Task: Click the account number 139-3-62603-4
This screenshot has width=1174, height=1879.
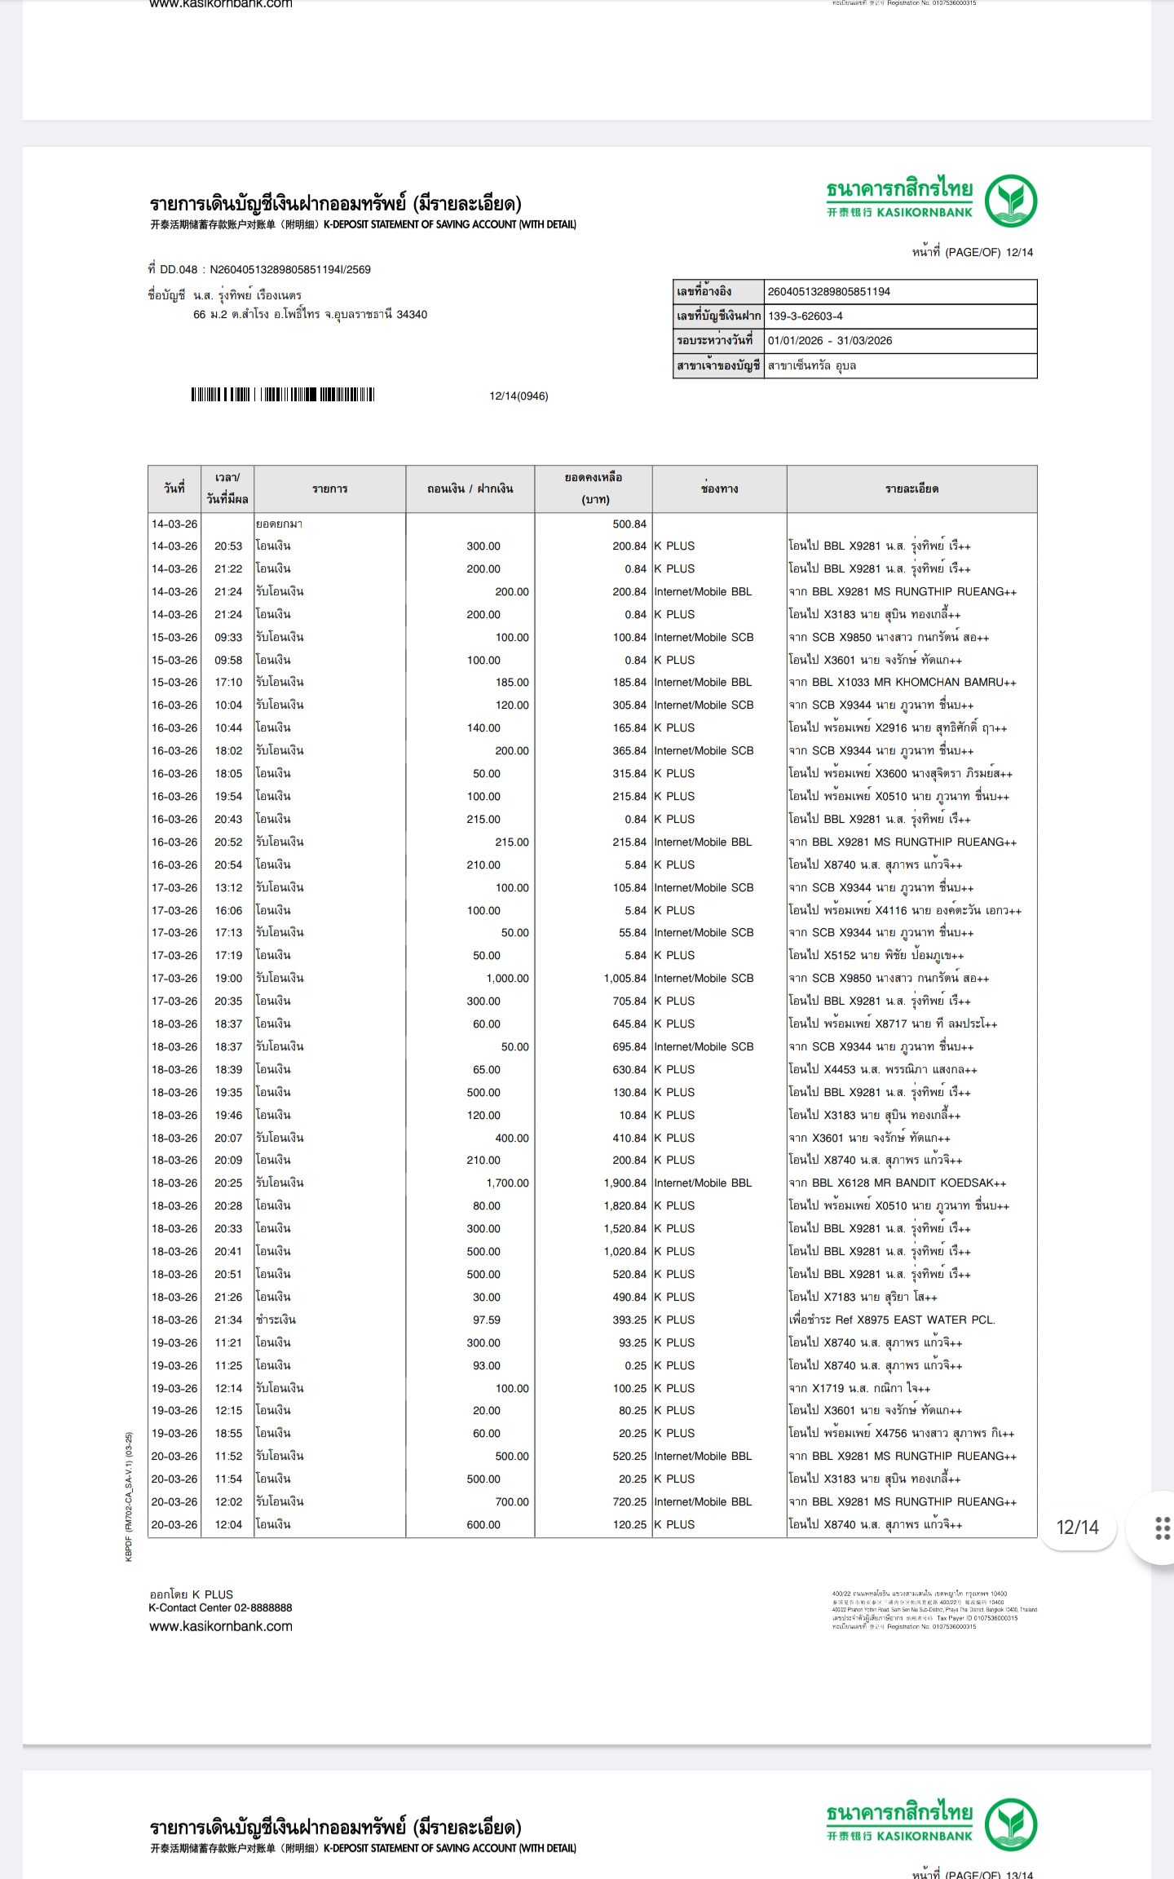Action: click(805, 316)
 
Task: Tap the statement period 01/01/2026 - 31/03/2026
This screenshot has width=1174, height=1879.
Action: click(829, 341)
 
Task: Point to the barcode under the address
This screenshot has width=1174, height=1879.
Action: click(283, 396)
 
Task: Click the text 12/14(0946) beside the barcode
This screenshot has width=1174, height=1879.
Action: click(519, 396)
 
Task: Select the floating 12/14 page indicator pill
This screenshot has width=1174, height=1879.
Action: click(1077, 1528)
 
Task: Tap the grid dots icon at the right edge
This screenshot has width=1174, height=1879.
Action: click(1163, 1528)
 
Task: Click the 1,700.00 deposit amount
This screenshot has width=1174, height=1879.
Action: click(507, 1183)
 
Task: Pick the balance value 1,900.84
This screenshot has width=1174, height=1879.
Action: click(625, 1183)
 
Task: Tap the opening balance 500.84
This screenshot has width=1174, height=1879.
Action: click(629, 524)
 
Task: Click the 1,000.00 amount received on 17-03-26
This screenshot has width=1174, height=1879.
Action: click(507, 979)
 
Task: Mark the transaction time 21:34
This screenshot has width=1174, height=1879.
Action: click(228, 1320)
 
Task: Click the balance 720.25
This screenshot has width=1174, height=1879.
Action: click(629, 1501)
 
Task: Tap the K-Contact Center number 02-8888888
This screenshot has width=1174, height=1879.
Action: click(263, 1607)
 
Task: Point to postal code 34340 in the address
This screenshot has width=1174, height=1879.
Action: click(411, 315)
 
